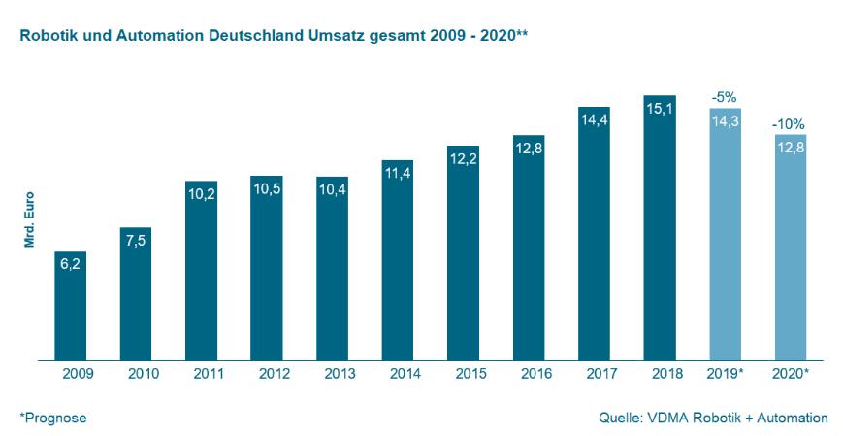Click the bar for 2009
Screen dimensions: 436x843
pos(70,306)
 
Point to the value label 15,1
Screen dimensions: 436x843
pos(660,110)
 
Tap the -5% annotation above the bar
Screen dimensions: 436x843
pos(725,98)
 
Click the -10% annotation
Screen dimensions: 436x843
pos(789,124)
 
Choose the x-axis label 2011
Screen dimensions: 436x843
pos(201,374)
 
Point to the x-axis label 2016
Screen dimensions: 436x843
pos(529,374)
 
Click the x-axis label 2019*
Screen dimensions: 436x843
pos(726,374)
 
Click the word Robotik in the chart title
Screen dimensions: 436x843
pos(44,35)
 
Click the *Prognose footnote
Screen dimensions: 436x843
pos(52,418)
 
